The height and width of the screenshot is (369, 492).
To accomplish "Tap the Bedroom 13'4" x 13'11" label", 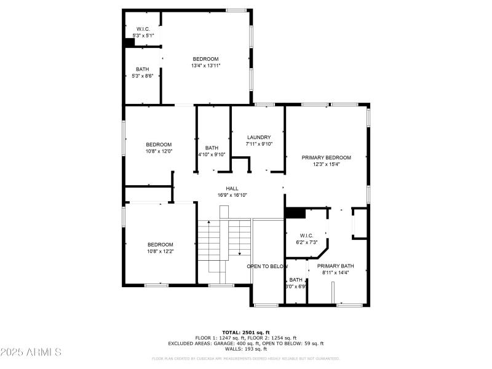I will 205,62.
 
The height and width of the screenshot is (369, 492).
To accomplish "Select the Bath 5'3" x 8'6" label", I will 143,73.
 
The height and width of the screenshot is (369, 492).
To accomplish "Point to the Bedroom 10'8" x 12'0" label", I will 159,148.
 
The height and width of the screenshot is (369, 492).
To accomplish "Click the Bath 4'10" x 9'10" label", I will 212,151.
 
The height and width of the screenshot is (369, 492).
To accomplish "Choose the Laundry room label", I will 259,141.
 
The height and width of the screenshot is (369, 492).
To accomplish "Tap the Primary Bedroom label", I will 326,161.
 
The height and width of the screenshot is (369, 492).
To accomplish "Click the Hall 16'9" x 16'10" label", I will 232,192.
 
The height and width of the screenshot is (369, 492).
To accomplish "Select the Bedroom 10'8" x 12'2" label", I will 160,248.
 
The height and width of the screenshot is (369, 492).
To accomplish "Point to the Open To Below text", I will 268,266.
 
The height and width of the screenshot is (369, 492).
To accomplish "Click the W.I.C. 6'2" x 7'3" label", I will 306,239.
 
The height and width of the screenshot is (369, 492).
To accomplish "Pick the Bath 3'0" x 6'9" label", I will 296,283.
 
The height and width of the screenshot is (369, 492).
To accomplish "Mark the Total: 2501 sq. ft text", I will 246,332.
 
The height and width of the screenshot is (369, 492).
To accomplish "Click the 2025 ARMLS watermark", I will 31,352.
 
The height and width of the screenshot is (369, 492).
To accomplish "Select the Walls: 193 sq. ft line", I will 246,349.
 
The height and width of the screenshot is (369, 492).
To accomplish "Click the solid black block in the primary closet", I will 295,213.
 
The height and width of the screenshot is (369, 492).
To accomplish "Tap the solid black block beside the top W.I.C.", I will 130,42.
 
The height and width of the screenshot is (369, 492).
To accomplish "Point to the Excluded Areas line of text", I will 246,343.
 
